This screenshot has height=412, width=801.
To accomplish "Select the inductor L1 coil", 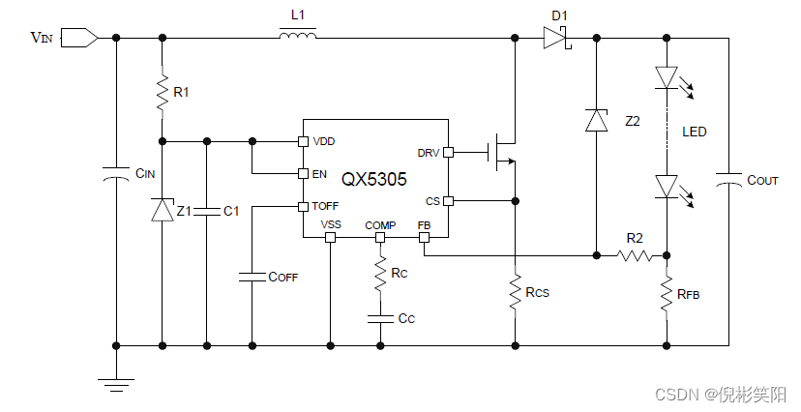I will [x=298, y=37].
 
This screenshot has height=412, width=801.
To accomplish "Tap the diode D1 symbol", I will [x=554, y=38].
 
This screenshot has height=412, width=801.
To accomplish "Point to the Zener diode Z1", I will [x=163, y=210].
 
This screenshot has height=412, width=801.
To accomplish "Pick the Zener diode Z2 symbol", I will [x=597, y=120].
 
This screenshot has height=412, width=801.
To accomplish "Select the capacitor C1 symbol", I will [x=206, y=210].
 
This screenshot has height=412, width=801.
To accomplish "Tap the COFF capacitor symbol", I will [x=252, y=276].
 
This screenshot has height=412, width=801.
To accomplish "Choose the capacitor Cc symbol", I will [x=380, y=317].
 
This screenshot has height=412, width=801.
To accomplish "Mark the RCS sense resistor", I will [x=515, y=289].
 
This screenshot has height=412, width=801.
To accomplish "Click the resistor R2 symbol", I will [x=635, y=255].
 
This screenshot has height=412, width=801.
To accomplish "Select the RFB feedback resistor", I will [x=667, y=294].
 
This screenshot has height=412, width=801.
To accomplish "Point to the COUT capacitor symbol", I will [x=728, y=180].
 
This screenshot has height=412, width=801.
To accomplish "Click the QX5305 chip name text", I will [x=373, y=179].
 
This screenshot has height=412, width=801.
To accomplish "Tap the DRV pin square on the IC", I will [x=448, y=152].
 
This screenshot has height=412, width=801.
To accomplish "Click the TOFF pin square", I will [x=303, y=206].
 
